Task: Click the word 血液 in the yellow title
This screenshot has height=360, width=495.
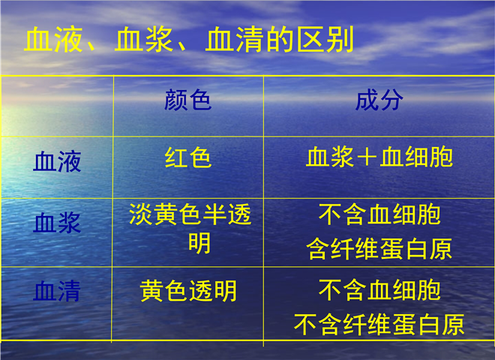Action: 53,40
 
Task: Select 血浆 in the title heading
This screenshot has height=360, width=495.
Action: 144,40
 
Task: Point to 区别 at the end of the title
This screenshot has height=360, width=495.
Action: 325,40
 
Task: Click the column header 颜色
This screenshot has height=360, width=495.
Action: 187,100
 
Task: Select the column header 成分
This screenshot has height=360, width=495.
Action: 379,100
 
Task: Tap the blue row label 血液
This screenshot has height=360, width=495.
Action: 57,161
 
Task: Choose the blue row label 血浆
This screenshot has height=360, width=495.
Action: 57,223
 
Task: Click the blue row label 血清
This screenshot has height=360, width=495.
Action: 57,291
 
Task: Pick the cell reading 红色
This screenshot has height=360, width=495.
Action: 187,157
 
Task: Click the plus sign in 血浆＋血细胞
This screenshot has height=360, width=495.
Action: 367,157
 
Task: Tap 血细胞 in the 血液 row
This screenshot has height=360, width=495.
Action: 416,157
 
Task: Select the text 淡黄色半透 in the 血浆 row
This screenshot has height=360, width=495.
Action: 190,214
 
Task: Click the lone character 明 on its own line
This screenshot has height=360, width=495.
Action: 199,243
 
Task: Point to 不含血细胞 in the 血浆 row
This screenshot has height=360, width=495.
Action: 379,214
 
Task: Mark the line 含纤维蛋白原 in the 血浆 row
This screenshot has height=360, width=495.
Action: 379,248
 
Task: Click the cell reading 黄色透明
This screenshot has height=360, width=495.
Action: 188,291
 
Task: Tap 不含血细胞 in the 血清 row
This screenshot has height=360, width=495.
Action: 379,290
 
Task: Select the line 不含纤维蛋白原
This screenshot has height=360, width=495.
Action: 379,324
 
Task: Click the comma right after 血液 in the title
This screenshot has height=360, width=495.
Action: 91,46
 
